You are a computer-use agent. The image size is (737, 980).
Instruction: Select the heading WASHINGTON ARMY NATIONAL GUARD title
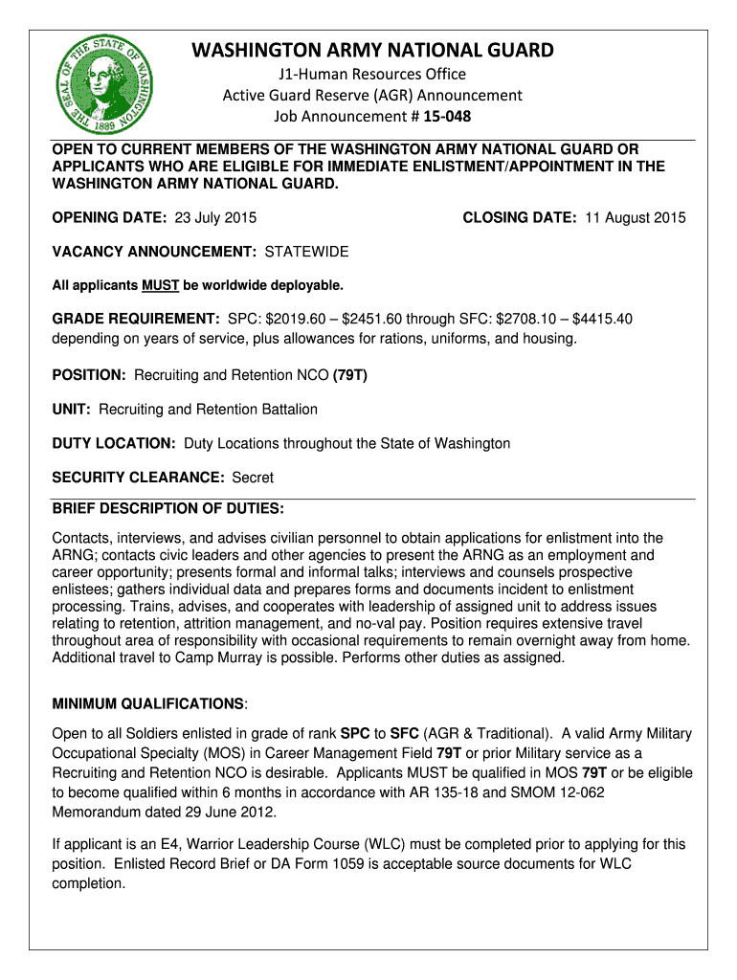[x=373, y=50]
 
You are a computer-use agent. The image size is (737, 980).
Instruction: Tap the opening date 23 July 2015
[x=214, y=217]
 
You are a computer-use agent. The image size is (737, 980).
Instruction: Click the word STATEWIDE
[x=306, y=252]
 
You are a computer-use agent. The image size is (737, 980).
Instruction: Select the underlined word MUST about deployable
[x=154, y=286]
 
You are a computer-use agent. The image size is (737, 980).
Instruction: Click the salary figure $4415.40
[x=597, y=319]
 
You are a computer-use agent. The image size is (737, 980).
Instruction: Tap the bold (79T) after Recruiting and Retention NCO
[x=349, y=374]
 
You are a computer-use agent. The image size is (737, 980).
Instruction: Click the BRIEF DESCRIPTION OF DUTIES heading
[x=167, y=507]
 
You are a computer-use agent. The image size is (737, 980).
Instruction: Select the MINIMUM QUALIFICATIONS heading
[x=148, y=704]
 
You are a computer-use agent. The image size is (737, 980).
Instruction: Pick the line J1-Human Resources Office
[x=372, y=75]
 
